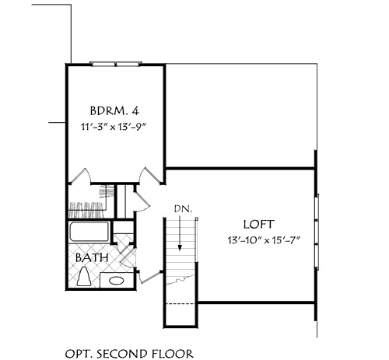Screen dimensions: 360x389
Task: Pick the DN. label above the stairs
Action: [180, 208]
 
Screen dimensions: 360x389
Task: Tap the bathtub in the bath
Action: [89, 232]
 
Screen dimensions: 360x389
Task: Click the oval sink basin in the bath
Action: [117, 281]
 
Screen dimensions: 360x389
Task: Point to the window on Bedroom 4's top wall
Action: [115, 63]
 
